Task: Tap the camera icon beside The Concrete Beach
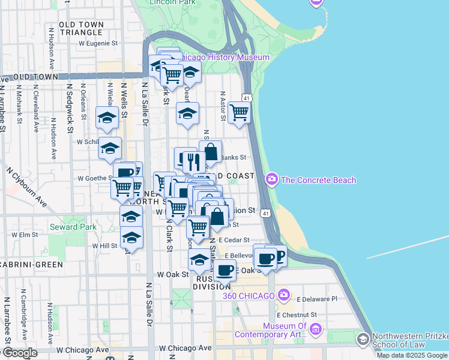pyautogui.click(x=272, y=179)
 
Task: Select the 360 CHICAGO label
pyautogui.click(x=249, y=296)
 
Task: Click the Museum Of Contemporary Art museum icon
pyautogui.click(x=316, y=329)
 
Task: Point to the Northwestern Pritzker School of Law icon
pyautogui.click(x=362, y=340)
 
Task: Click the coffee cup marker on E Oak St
pyautogui.click(x=225, y=270)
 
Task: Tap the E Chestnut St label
pyautogui.click(x=297, y=314)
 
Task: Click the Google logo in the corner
pyautogui.click(x=20, y=353)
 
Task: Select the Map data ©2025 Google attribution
pyautogui.click(x=412, y=355)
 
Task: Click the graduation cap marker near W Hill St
pyautogui.click(x=131, y=238)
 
